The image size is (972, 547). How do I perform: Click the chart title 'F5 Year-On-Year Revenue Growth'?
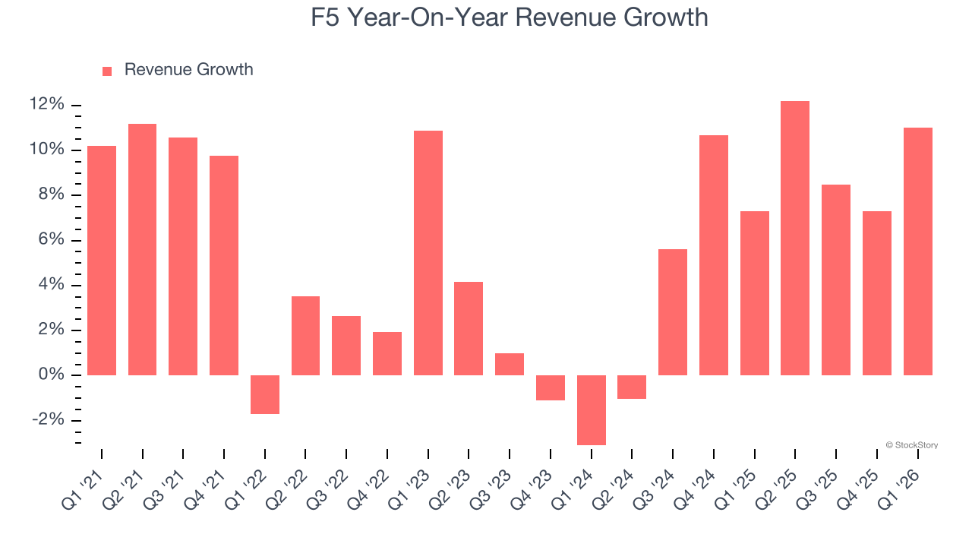(x=509, y=17)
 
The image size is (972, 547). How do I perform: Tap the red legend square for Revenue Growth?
(x=107, y=71)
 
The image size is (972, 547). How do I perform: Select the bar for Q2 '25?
(x=794, y=238)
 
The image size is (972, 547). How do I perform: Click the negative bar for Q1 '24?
(x=591, y=409)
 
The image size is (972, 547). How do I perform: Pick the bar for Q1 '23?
(x=428, y=253)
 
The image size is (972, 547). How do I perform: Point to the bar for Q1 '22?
(x=265, y=394)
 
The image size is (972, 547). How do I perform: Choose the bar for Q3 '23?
(x=509, y=364)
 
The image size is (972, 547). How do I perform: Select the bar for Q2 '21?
(x=142, y=249)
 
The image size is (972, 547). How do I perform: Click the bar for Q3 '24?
(x=672, y=312)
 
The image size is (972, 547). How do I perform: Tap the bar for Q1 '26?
(x=917, y=251)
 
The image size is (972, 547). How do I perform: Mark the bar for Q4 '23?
(x=550, y=387)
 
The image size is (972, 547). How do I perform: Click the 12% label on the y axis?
(x=47, y=105)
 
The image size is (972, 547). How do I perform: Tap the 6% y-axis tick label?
(x=52, y=240)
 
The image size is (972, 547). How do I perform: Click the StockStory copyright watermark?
(x=911, y=445)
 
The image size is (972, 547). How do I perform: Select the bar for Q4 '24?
(x=713, y=255)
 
